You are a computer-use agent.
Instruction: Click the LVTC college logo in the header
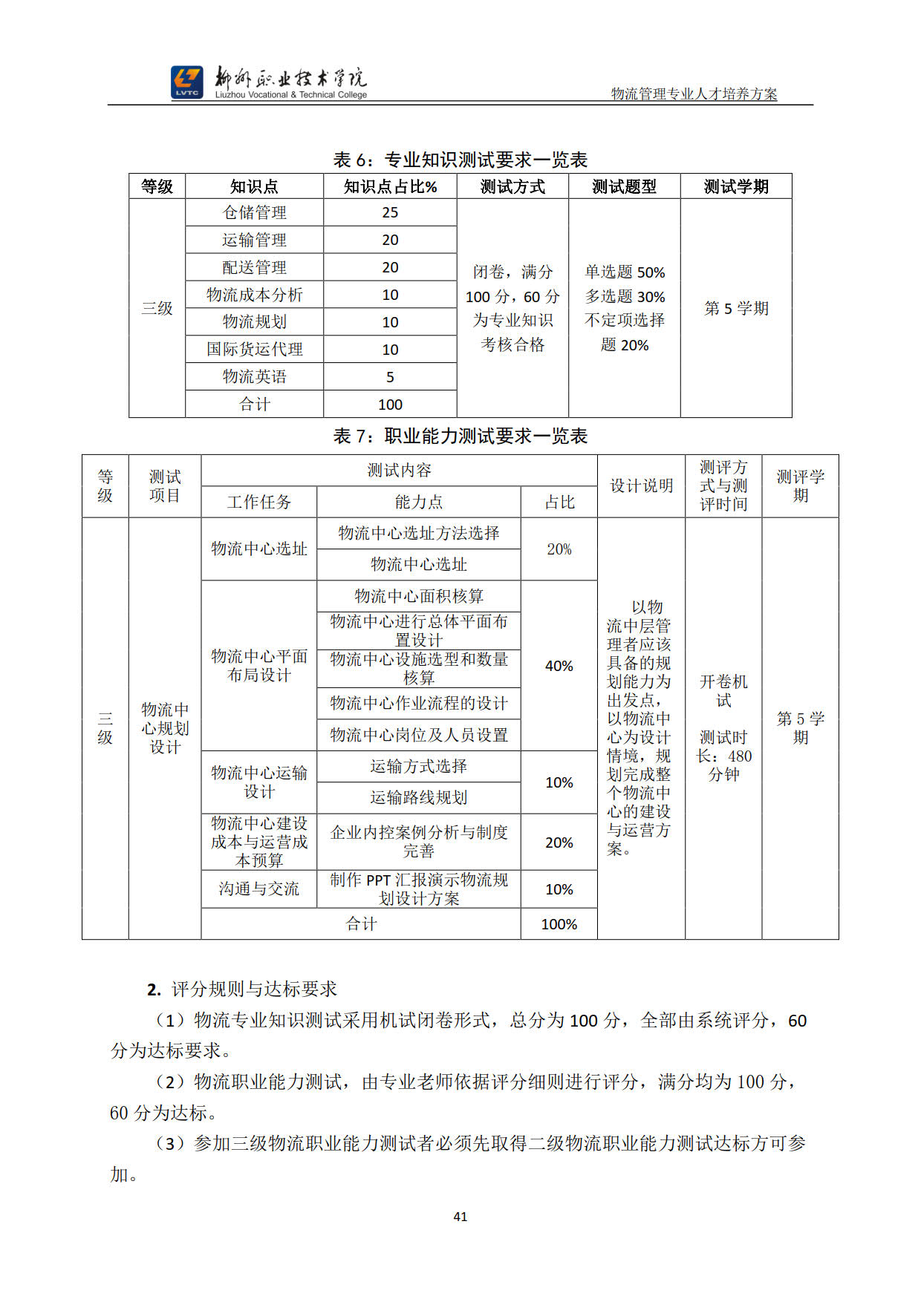[x=186, y=82]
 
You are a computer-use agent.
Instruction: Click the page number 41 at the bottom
[x=461, y=1216]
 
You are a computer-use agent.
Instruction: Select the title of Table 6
[x=461, y=160]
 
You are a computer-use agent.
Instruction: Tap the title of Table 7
[x=461, y=436]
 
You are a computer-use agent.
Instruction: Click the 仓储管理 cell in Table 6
[x=254, y=212]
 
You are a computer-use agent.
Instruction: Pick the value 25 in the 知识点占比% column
[x=390, y=212]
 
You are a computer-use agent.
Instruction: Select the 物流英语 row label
[x=254, y=376]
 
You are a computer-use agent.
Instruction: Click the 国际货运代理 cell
[x=254, y=349]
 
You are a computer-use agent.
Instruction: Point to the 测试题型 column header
[x=624, y=186]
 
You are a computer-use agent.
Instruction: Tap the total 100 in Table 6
[x=390, y=405]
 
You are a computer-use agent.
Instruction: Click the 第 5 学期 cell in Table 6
[x=736, y=308]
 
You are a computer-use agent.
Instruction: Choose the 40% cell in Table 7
[x=559, y=666]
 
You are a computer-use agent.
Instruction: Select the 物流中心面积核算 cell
[x=418, y=596]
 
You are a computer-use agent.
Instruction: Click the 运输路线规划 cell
[x=418, y=797]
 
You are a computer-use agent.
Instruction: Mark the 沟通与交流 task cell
[x=258, y=889]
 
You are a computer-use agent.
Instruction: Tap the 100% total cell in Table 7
[x=559, y=924]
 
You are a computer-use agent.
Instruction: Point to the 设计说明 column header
[x=641, y=485]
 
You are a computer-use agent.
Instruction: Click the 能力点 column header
[x=418, y=502]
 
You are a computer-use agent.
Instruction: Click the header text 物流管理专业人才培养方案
[x=694, y=94]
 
